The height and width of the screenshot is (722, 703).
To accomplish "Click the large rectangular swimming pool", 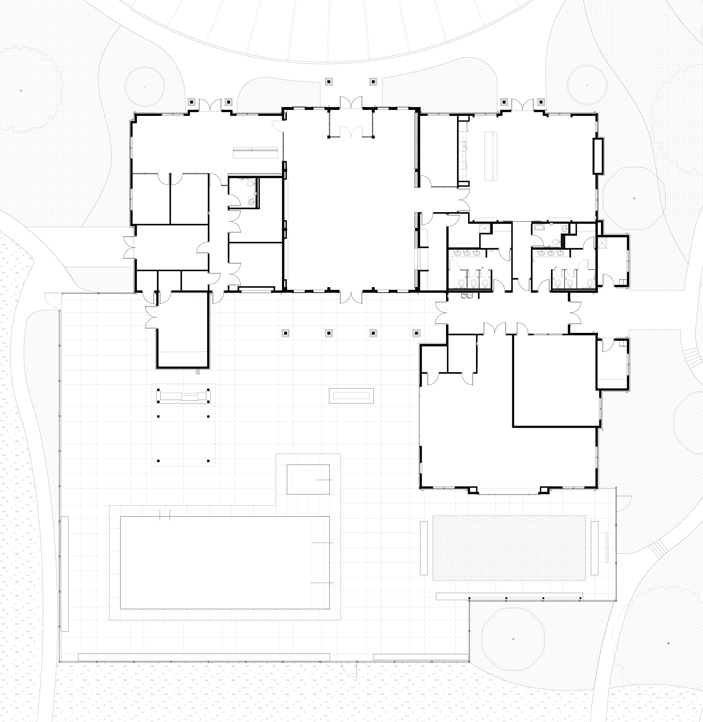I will coord(225,562).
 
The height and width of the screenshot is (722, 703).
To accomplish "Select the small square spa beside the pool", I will coord(308,479).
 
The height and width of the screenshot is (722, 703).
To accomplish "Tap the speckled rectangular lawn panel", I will coord(509,548).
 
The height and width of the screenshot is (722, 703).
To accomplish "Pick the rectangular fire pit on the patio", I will coord(351,396).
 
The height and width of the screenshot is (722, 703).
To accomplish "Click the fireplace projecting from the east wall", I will coord(598,156).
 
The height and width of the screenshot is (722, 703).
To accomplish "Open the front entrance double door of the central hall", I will coord(351,103).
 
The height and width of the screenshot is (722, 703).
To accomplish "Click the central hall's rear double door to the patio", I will coord(351,297).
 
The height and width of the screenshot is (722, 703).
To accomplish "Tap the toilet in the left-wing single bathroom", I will coord(251,183).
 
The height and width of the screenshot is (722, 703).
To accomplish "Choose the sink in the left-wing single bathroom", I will coord(251,202).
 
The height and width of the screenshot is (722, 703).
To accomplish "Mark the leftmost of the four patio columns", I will coord(285,333).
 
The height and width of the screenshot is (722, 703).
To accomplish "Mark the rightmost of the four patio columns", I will coord(416,333).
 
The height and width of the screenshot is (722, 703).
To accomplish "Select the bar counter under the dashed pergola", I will coord(183,396).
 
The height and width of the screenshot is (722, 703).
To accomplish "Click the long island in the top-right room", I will coord(491,156).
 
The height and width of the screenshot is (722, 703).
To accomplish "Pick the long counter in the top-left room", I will coord(255,153).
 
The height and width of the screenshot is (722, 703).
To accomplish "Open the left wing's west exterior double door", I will coord(129,247).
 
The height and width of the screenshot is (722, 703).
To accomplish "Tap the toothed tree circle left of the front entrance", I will coord(144,87).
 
